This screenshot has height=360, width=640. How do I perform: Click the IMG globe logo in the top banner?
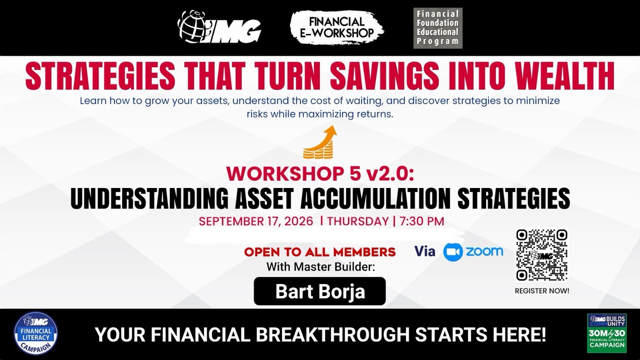click(219, 27)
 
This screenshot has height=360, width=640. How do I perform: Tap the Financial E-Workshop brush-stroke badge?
click(337, 27)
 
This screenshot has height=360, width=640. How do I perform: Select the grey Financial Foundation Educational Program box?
click(438, 28)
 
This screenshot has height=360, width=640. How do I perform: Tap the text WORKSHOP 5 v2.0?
click(320, 173)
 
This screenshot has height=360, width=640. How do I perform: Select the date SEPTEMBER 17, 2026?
click(256, 221)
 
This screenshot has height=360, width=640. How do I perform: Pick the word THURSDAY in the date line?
click(358, 221)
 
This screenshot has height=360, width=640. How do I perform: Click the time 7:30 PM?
click(421, 221)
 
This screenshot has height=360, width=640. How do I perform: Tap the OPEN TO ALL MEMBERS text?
click(320, 252)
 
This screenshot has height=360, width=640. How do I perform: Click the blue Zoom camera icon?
click(453, 252)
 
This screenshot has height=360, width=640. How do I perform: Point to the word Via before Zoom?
click(425, 251)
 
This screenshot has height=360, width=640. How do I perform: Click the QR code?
click(542, 255)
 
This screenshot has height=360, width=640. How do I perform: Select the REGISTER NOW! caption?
click(542, 291)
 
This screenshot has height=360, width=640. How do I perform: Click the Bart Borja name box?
click(320, 291)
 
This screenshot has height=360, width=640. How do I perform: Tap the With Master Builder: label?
click(320, 267)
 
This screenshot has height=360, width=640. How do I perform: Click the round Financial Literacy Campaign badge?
click(36, 333)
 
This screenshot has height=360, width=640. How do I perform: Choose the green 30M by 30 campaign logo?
click(607, 333)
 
